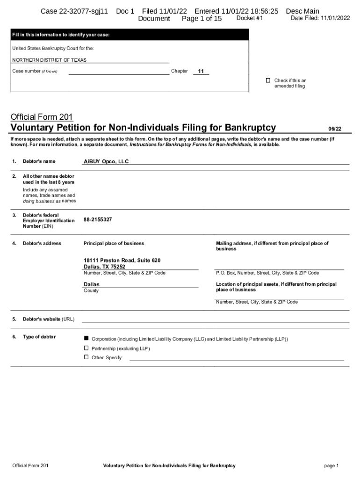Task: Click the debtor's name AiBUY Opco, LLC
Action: coord(106,161)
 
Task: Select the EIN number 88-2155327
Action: coord(98,219)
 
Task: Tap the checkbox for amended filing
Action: coord(268,80)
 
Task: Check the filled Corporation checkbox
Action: coord(86,338)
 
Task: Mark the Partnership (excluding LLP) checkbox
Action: coord(86,348)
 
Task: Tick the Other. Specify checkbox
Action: coord(86,357)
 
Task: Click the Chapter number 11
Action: coord(201,72)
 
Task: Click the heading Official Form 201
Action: coord(42,117)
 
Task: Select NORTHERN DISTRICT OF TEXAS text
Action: coord(49,60)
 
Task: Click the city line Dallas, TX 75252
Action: coord(104,267)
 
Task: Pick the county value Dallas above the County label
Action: coord(92,284)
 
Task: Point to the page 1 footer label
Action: coord(331,466)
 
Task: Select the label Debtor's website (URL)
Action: coord(49,319)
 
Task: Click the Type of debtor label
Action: coord(39,337)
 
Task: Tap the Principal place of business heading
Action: coord(114,243)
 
